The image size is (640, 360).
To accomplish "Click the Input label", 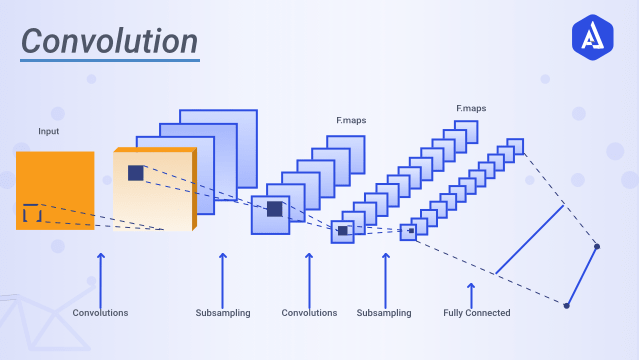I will point(49,132).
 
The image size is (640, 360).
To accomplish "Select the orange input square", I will point(55,190).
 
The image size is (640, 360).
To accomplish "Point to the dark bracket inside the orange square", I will point(32,213).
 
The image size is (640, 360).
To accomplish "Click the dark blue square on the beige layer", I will point(136,173).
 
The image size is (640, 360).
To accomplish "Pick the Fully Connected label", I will point(476,313).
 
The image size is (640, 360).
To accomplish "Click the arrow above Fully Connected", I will point(471,293).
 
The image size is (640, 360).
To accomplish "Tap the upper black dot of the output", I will point(597,246).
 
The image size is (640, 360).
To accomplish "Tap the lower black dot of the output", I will point(566,305).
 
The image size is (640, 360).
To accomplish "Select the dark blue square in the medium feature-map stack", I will point(274,209).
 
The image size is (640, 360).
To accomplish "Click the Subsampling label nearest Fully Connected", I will point(384,313).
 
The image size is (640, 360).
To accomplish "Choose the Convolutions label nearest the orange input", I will point(100,313).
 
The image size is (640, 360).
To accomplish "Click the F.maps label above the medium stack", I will point(351,121).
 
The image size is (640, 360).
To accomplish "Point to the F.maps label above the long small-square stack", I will point(471,108).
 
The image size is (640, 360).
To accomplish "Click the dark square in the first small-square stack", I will point(343,230).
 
